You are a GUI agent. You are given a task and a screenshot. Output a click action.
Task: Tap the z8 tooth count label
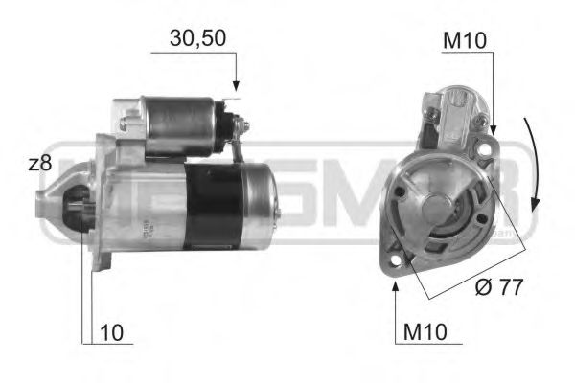point(39,164)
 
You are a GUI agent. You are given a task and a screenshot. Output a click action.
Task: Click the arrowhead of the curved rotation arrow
point(535,208)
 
